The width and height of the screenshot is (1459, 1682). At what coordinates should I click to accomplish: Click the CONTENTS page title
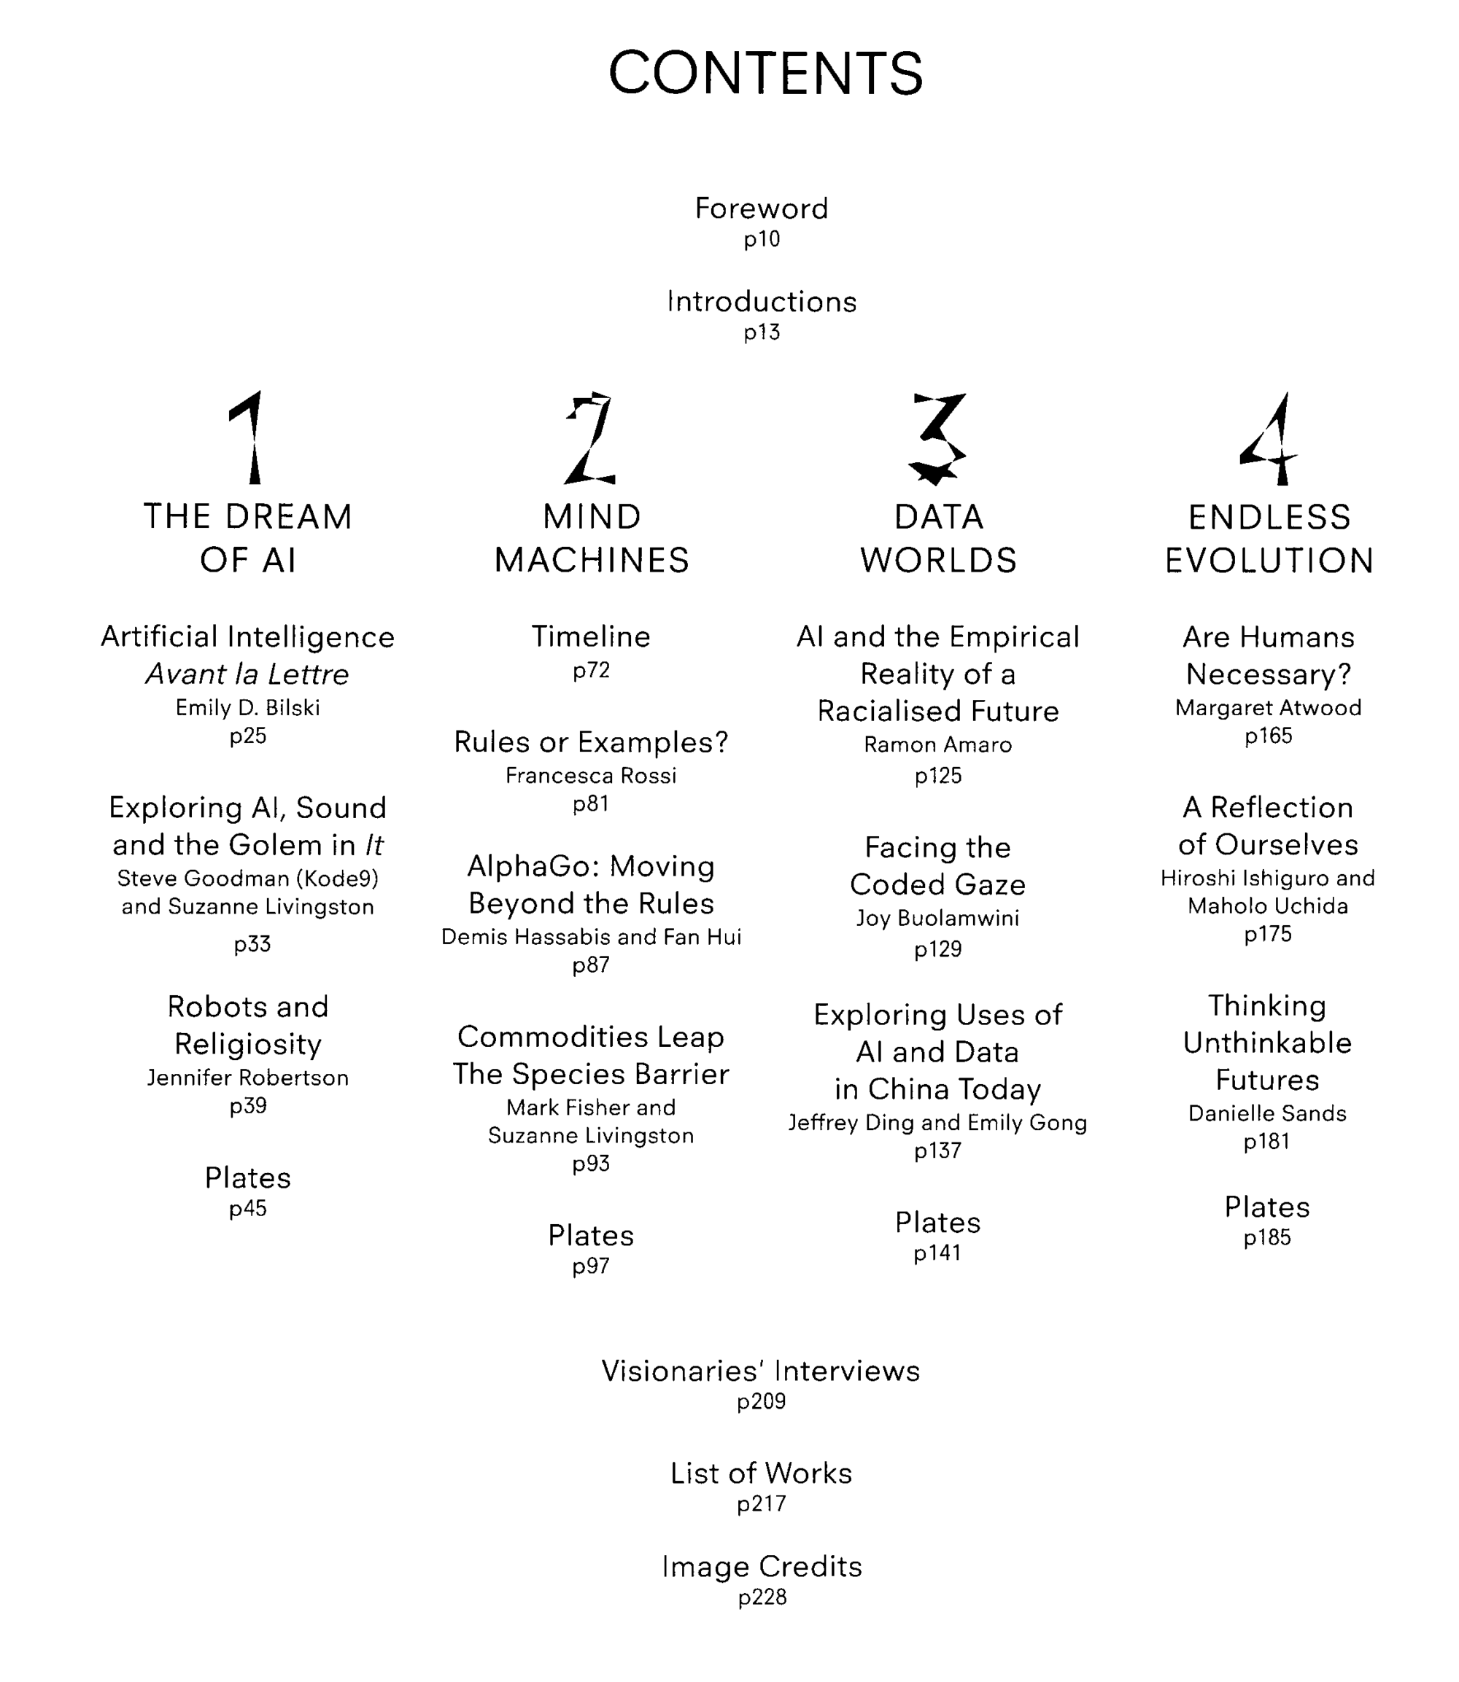(x=765, y=73)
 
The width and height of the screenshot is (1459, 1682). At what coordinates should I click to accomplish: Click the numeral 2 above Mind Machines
(x=590, y=437)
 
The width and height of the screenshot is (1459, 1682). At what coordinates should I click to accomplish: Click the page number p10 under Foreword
(x=762, y=239)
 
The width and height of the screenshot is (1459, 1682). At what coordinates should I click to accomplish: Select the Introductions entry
(x=762, y=302)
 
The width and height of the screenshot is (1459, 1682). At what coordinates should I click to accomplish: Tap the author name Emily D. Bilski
(x=247, y=708)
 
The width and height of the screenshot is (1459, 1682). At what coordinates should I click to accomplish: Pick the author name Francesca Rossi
(x=591, y=776)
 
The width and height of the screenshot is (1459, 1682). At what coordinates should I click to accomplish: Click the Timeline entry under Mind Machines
(x=591, y=636)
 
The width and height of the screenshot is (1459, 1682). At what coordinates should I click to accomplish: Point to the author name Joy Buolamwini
(x=938, y=919)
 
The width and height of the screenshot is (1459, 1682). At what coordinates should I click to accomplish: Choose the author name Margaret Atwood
(x=1269, y=708)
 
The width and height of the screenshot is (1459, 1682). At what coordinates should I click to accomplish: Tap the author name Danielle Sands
(x=1268, y=1113)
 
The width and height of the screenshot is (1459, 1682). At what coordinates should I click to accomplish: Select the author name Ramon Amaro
(x=938, y=744)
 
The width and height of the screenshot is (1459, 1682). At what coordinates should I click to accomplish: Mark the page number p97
(x=591, y=1266)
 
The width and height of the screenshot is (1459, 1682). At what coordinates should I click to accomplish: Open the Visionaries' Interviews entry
(x=762, y=1371)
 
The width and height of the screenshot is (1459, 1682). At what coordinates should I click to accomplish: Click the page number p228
(x=762, y=1597)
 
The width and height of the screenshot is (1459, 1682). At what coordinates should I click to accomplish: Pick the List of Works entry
(x=762, y=1473)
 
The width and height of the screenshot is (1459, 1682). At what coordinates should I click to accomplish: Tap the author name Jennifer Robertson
(x=247, y=1078)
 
